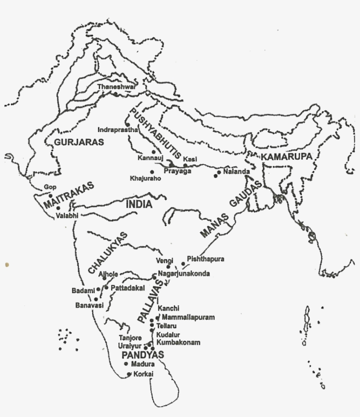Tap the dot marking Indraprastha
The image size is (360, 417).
[x=127, y=125]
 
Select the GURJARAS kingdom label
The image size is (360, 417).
[x=79, y=142]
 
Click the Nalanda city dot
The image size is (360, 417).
[x=216, y=176]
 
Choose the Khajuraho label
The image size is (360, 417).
[x=145, y=179]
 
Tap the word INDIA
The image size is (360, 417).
[x=139, y=205]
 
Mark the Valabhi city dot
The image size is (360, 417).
[x=58, y=208]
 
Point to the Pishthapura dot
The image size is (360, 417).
[x=183, y=264]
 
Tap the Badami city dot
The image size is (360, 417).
[x=98, y=290]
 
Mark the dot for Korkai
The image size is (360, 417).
[x=129, y=374]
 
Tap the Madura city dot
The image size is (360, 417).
[x=126, y=364]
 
